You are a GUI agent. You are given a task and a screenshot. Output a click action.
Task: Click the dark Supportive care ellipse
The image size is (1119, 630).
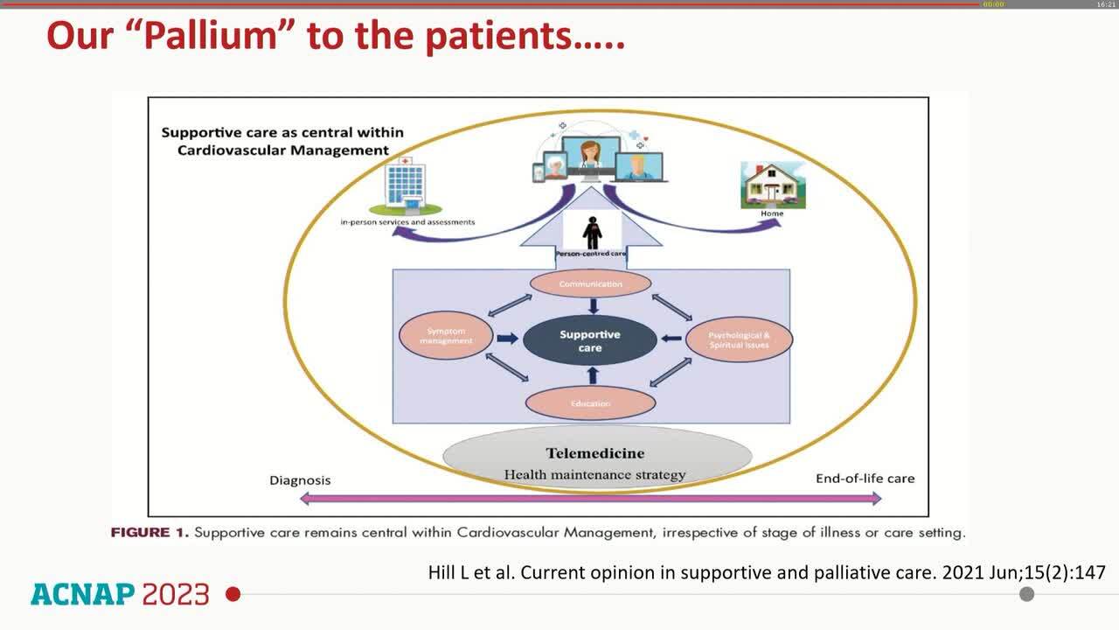tap(590, 341)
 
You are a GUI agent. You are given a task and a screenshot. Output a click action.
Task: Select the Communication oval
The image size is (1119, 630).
tap(591, 284)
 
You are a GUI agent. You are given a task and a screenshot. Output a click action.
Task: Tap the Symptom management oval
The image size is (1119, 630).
tap(446, 336)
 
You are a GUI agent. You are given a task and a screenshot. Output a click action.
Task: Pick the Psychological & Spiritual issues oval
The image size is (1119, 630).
tap(739, 339)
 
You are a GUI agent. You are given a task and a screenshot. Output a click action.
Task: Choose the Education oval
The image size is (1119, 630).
tap(590, 403)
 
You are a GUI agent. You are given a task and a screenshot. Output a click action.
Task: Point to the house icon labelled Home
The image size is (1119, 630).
tap(773, 185)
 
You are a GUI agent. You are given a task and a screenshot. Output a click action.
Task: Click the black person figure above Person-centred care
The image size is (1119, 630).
tap(593, 231)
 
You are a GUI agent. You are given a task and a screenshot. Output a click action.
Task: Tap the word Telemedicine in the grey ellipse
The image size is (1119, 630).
tap(595, 453)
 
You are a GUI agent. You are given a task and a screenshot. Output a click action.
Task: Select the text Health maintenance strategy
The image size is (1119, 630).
tap(594, 475)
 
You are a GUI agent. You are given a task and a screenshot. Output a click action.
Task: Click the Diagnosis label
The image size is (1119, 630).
tap(300, 479)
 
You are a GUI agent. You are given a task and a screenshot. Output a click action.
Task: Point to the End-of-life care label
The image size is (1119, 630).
tap(865, 479)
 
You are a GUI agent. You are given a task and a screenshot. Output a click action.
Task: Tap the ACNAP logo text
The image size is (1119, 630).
tap(82, 595)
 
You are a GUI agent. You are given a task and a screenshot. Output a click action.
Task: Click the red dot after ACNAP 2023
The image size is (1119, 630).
tap(233, 595)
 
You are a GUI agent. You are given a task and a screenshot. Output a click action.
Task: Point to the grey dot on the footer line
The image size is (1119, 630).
tap(1027, 594)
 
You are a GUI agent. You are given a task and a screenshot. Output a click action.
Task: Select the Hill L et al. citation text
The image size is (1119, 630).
tap(766, 573)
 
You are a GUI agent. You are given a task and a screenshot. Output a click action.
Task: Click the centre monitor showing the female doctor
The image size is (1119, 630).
tap(592, 158)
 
